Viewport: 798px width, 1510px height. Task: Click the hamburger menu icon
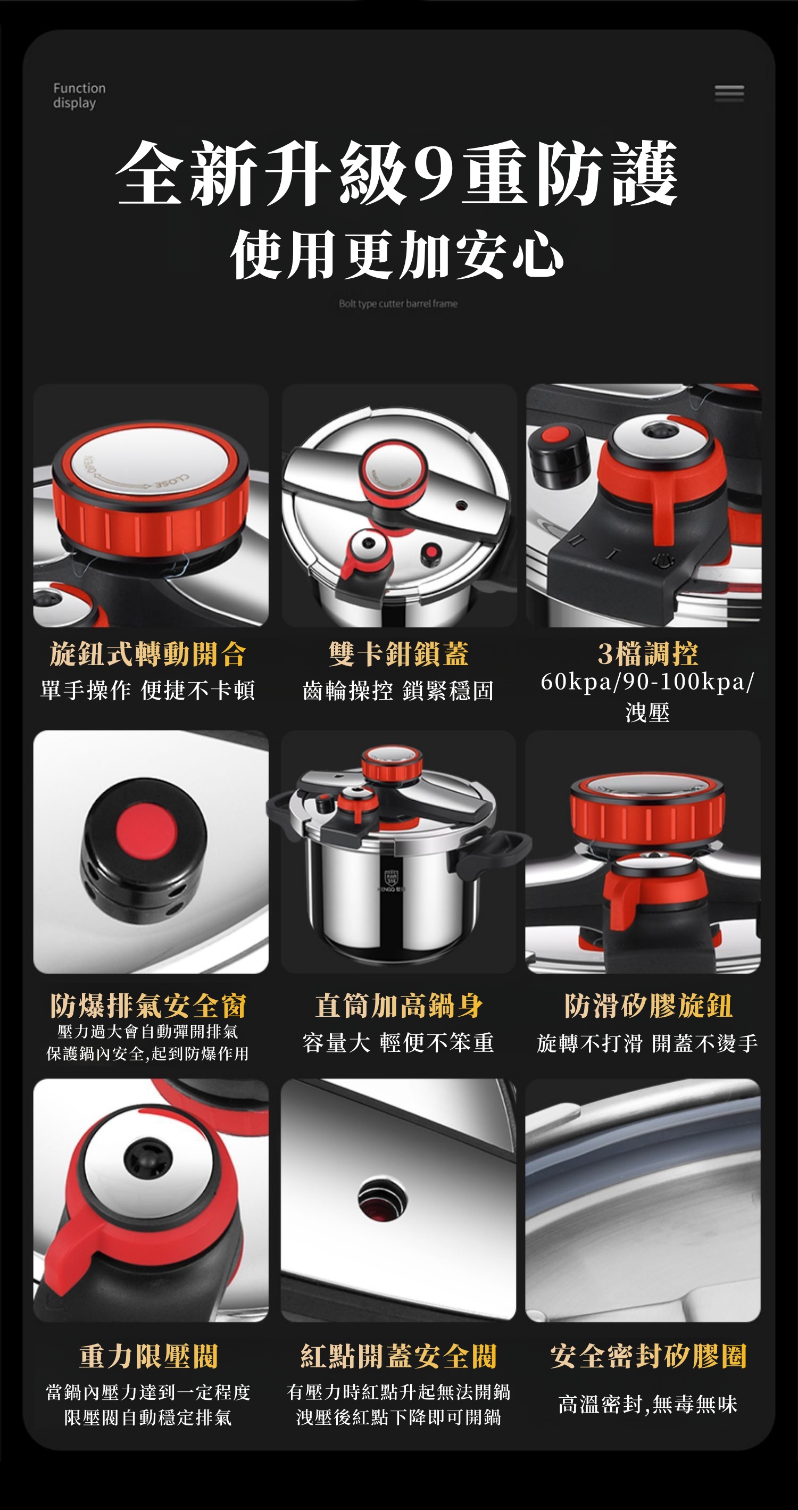(x=729, y=93)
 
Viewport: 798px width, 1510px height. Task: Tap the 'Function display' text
(x=79, y=96)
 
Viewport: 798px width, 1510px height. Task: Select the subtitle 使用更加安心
(x=397, y=254)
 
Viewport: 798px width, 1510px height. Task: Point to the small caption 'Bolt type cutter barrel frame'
(x=398, y=304)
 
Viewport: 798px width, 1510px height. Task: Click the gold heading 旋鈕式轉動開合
(x=148, y=654)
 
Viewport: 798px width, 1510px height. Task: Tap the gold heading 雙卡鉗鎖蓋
(x=398, y=654)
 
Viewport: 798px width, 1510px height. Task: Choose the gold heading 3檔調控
(x=648, y=654)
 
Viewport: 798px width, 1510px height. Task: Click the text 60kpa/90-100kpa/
(x=647, y=682)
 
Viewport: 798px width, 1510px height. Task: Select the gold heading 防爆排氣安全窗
(x=148, y=1006)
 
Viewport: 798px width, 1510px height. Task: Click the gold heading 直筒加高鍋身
(x=398, y=1006)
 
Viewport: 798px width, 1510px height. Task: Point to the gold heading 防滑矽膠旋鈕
(x=648, y=1006)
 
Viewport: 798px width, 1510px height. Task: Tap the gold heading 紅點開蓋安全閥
(x=398, y=1356)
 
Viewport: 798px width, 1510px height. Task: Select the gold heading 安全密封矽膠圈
(x=648, y=1356)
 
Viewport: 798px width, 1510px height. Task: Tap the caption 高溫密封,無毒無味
(x=647, y=1405)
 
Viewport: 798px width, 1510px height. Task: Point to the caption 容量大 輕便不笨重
(x=398, y=1043)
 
